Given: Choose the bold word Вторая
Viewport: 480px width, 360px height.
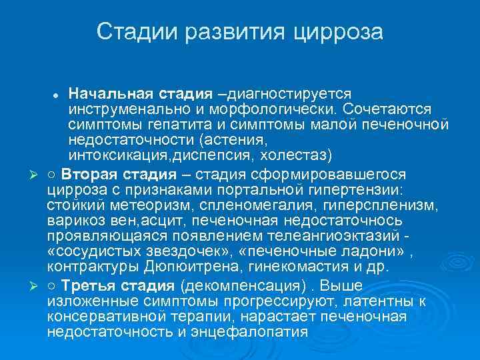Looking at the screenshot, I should [x=87, y=174].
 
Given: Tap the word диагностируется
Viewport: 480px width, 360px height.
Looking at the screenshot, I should [x=287, y=92].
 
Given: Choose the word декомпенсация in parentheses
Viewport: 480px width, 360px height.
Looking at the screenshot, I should [x=236, y=286].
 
